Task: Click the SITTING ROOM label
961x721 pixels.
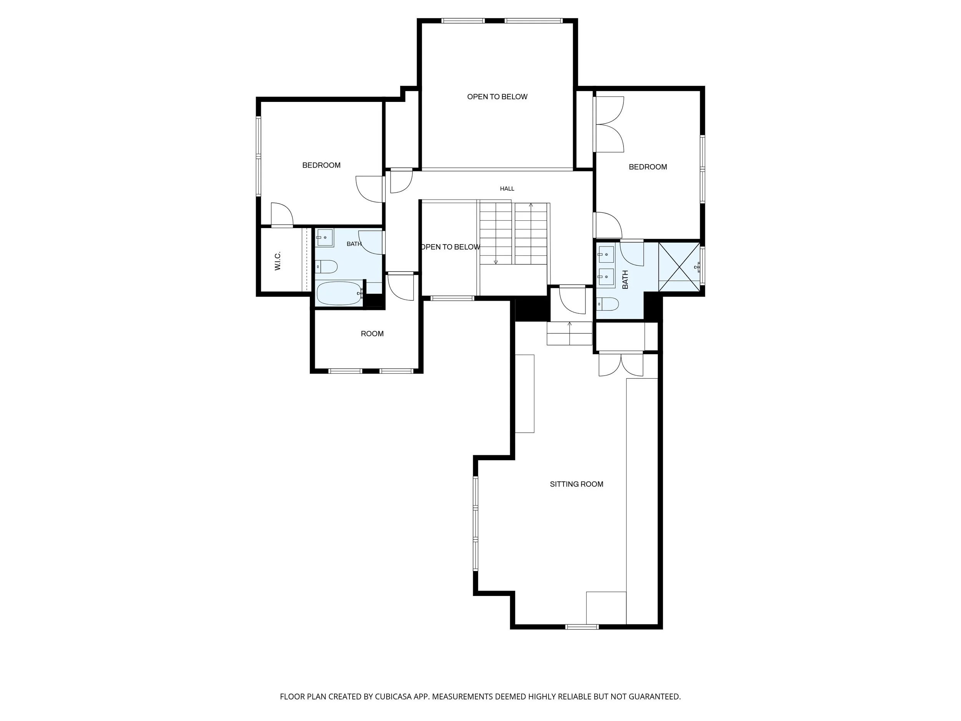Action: coord(577,484)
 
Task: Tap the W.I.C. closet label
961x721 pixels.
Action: coord(278,261)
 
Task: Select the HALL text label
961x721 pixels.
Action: coord(507,189)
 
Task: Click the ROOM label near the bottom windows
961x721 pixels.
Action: coord(372,334)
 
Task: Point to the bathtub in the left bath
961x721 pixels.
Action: coord(340,294)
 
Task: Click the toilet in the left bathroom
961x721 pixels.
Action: coord(326,266)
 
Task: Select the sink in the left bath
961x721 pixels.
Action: coord(324,238)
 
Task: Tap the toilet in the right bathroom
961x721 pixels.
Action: coord(607,304)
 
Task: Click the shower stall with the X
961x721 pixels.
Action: coord(680,266)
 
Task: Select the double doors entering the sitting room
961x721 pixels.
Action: coord(621,364)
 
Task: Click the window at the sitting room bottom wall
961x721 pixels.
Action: coord(582,627)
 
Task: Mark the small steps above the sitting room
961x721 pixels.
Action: coord(570,333)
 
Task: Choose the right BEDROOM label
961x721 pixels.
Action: coord(648,167)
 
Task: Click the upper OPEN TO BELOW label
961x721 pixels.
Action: coord(497,97)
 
